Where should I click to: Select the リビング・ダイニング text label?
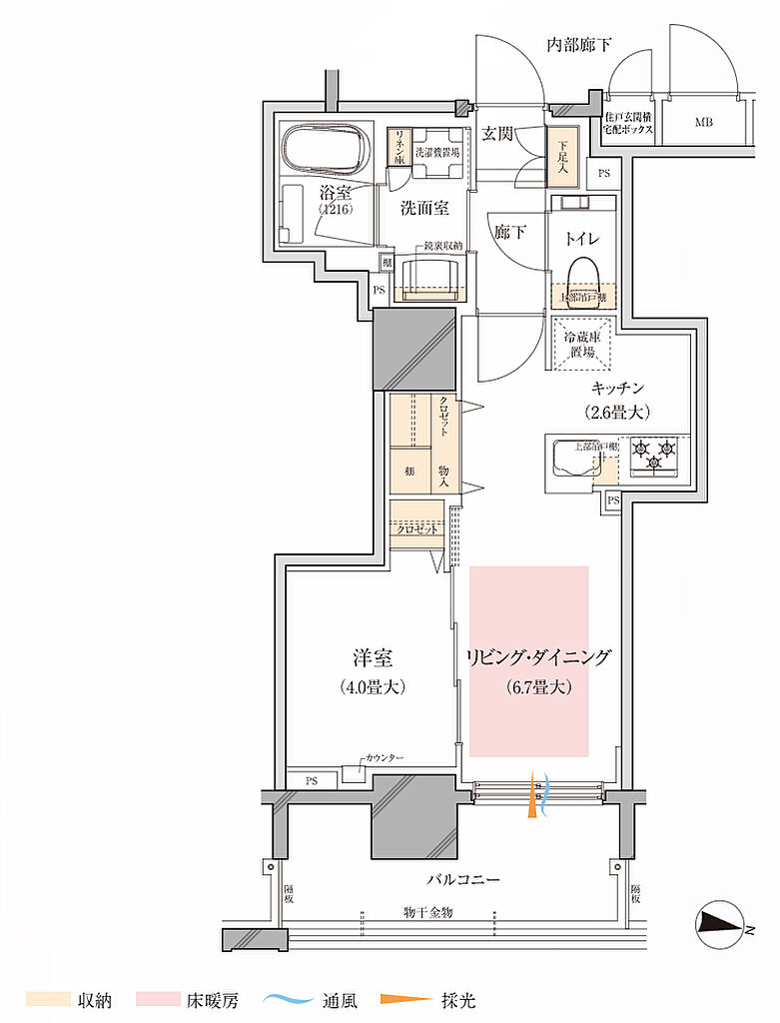pyautogui.click(x=537, y=658)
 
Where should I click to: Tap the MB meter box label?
pyautogui.click(x=704, y=123)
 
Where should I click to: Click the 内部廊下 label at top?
pyautogui.click(x=579, y=45)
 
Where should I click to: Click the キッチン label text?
pyautogui.click(x=618, y=389)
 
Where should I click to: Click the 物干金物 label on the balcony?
pyautogui.click(x=429, y=912)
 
